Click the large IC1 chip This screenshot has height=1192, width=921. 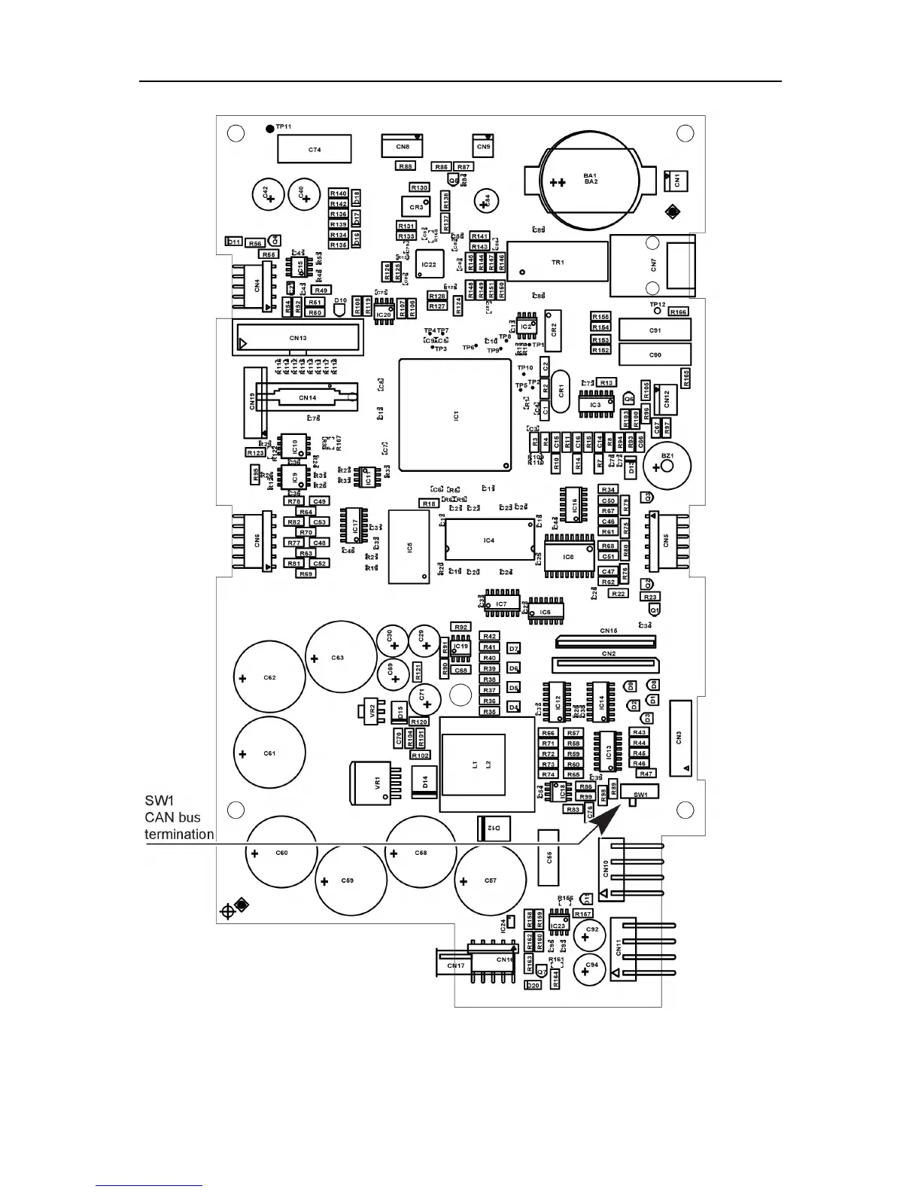point(456,415)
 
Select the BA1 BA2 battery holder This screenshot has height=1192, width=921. point(591,180)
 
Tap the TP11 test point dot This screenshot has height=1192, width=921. point(270,128)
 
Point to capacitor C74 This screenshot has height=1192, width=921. point(315,149)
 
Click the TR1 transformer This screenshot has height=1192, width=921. point(558,262)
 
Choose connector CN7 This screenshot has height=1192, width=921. point(653,264)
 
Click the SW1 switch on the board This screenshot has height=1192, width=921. point(641,794)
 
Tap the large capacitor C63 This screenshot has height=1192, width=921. point(341,658)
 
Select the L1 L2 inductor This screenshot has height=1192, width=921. point(482,765)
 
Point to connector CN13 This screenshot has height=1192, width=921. point(298,338)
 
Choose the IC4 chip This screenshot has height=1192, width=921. point(489,540)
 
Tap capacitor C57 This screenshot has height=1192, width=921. point(491,880)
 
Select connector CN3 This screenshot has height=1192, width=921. point(679,737)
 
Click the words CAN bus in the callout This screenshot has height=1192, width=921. point(172,817)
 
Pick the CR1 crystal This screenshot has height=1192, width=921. point(561,392)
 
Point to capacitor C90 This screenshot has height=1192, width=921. point(655,354)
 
